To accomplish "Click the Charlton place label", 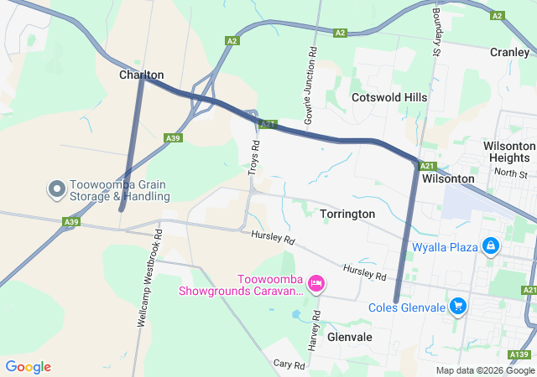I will click(x=141, y=75).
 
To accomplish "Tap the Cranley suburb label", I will click(x=509, y=52).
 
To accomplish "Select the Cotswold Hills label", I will click(x=389, y=97).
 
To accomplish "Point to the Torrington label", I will click(x=347, y=214).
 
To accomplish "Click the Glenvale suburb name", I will click(x=349, y=336).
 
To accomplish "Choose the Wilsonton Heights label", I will click(x=509, y=152).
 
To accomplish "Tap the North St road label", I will click(x=510, y=173).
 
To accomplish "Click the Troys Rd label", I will click(x=254, y=157).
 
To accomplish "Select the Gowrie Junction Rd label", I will click(x=310, y=86).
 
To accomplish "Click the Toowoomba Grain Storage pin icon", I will click(x=57, y=189).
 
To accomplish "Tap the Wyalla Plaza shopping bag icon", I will click(x=491, y=247).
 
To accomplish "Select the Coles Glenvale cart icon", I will click(x=457, y=307).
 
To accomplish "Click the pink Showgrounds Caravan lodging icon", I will click(x=316, y=284).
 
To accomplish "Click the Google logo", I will click(x=29, y=367).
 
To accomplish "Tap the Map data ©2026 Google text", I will click(x=484, y=370).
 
